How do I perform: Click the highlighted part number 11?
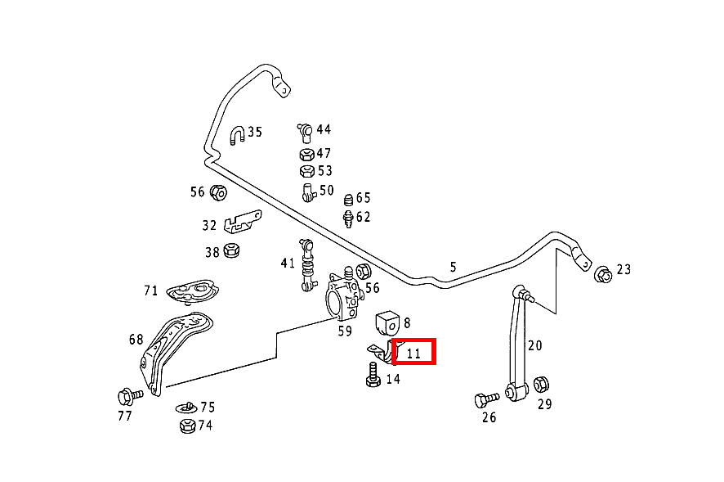click(x=414, y=353)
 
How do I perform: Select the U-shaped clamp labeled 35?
click(x=237, y=135)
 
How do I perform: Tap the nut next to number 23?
click(x=602, y=273)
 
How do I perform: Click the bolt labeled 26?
click(x=485, y=399)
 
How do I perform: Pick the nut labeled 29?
click(x=541, y=384)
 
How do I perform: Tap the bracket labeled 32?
click(x=242, y=222)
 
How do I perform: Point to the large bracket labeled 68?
click(x=176, y=340)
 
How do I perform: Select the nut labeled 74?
click(x=186, y=425)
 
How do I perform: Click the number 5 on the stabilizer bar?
click(x=454, y=266)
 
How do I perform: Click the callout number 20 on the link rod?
click(x=534, y=345)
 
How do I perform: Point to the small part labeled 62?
click(x=348, y=218)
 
